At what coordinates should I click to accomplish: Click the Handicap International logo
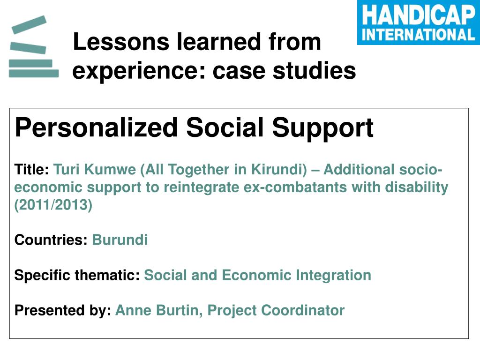tap(419, 22)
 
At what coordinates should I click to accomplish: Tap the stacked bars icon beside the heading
tap(34, 46)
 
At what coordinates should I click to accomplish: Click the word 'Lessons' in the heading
tap(121, 42)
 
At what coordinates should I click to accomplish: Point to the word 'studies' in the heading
tap(315, 70)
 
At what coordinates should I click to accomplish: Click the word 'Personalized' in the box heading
tap(96, 128)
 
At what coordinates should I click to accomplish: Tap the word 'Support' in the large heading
tap(322, 128)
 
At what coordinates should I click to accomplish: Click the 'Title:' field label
tap(32, 169)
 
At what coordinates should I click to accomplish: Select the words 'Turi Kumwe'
tap(95, 169)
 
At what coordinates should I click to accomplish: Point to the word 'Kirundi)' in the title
tap(279, 169)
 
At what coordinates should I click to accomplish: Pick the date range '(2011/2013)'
tap(53, 205)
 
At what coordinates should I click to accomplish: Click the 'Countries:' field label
tap(51, 240)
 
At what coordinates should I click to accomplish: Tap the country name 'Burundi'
tap(120, 240)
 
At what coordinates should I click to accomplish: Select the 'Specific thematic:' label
tap(77, 275)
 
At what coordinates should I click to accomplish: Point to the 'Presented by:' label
tap(63, 310)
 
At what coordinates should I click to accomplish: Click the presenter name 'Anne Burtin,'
tap(159, 310)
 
